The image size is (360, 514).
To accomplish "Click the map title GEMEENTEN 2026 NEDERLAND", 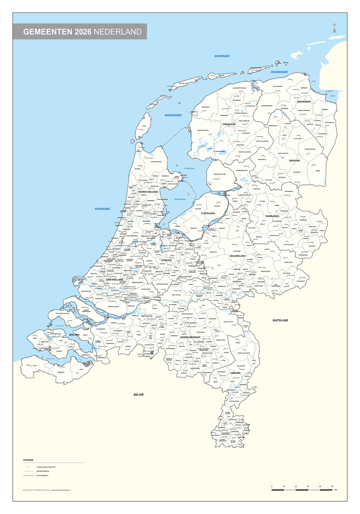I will [82, 32].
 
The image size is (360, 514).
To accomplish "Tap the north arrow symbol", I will [334, 29].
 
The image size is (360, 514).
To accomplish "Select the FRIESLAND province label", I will [229, 124].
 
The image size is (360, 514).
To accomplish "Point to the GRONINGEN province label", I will [303, 102].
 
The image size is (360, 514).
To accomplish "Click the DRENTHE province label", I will [294, 161].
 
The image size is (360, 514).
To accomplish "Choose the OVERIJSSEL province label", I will [272, 216].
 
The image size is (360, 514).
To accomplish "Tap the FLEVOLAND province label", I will [208, 213].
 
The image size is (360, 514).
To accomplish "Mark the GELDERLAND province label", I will [237, 256].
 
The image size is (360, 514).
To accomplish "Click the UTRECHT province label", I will [166, 260].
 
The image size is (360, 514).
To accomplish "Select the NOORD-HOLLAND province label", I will [148, 192].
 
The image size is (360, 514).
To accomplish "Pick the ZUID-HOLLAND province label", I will [114, 280].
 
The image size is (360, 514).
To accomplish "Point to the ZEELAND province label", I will [74, 335].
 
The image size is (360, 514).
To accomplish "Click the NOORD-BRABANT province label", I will [190, 337].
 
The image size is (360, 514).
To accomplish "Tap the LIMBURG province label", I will [235, 373].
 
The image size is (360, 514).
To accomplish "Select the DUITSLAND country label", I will [280, 320].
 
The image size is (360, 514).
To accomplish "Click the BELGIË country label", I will [139, 395].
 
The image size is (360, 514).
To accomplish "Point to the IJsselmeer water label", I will [190, 168].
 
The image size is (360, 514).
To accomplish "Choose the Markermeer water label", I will [180, 199].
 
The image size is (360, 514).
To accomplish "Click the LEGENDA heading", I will [28, 460].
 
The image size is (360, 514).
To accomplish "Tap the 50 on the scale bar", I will [332, 487].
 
